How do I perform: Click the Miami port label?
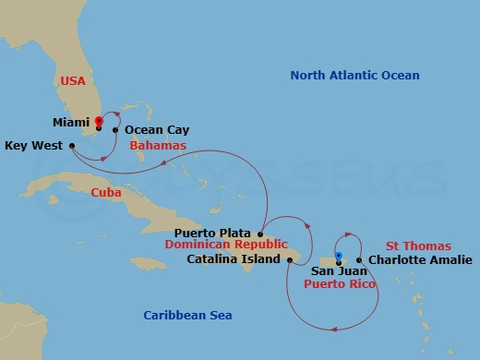pos(70,121)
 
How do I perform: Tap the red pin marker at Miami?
pos(98,120)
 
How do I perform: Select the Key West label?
pos(33,145)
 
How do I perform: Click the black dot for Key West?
pos(71,146)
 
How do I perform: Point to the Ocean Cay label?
pos(150,130)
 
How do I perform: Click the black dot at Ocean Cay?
pos(115,130)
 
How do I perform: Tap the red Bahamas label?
pos(158,146)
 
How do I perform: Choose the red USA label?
pos(73,81)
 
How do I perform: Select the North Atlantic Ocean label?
pos(354,76)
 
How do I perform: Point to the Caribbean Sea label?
pos(187,316)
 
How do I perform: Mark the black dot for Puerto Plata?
pos(261,234)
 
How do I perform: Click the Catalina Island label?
pos(233,259)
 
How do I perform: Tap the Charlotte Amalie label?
pos(413,259)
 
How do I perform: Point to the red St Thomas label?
pos(418,246)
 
